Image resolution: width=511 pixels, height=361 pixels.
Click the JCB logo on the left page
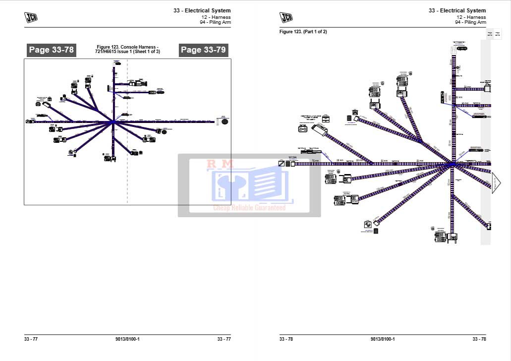coord(31,17)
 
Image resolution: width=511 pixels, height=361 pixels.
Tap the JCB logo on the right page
coord(286,17)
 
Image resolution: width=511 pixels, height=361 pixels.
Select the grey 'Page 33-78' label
coord(51,50)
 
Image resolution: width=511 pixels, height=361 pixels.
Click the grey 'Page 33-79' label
coord(203,50)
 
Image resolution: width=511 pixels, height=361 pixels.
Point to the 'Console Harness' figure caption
coord(127,49)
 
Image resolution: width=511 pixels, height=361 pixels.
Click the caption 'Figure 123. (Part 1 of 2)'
coord(303,32)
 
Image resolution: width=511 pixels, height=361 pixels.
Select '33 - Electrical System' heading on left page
coord(202,10)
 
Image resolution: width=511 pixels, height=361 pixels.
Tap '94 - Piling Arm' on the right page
coord(470,22)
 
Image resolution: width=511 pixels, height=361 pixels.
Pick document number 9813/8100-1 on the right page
coord(383,339)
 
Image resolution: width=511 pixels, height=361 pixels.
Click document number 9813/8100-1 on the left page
coord(127,339)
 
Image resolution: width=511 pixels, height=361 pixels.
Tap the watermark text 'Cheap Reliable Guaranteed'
coord(249,208)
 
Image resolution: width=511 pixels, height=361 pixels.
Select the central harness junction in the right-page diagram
coord(452,164)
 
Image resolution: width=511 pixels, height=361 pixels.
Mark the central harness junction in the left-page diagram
coord(113,121)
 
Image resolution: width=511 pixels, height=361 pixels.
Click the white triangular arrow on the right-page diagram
coord(496,182)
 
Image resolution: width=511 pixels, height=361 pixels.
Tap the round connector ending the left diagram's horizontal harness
coord(224,121)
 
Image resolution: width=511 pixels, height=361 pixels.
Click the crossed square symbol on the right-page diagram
coord(281,164)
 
